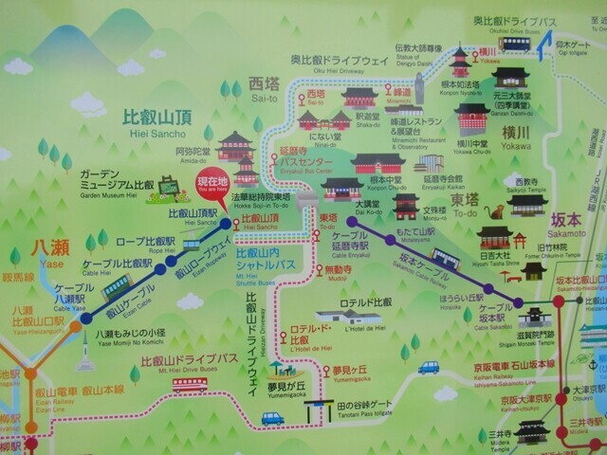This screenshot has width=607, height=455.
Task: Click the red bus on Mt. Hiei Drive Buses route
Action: click(190, 384)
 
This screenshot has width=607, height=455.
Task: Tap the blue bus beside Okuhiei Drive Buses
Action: click(515, 44)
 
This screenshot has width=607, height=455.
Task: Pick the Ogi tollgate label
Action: click(569, 49)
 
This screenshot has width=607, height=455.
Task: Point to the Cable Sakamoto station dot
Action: click(519, 303)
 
